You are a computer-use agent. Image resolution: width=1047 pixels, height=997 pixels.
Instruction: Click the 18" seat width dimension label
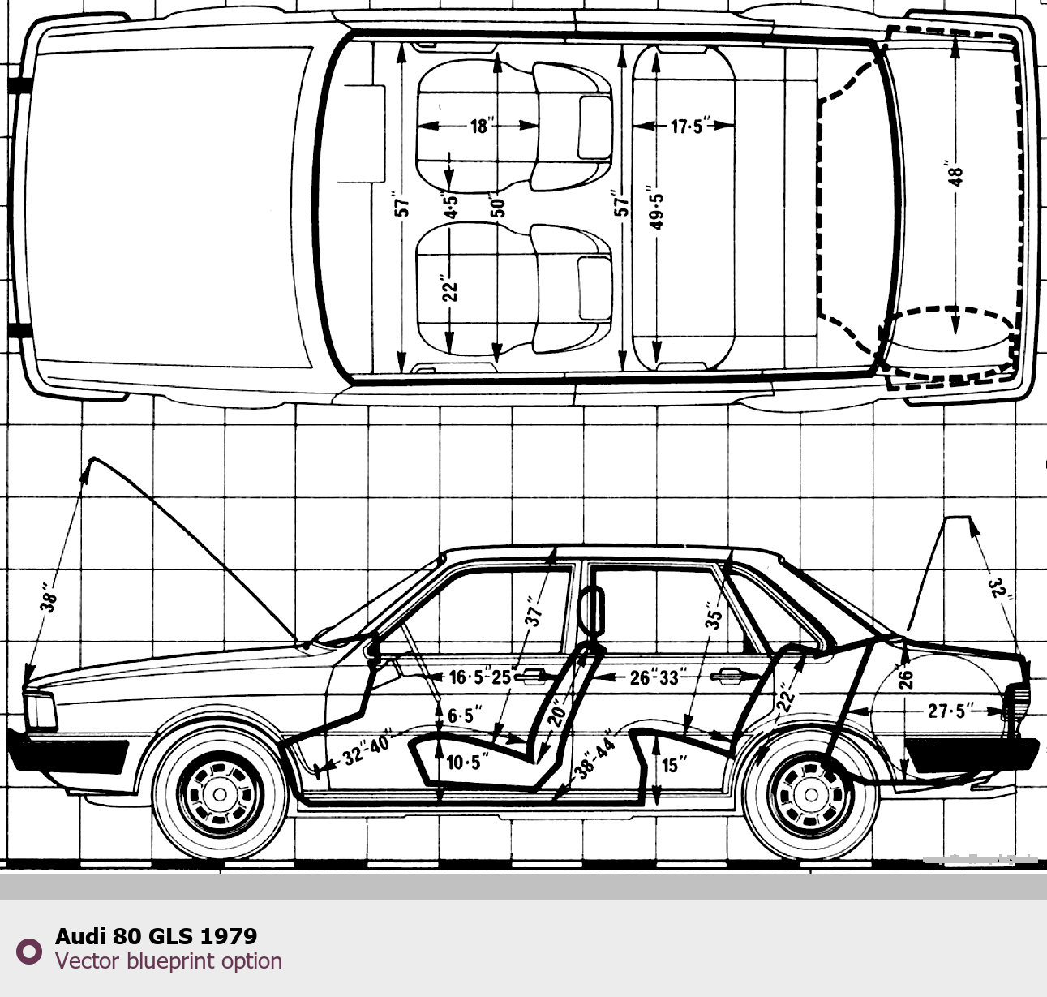point(481,126)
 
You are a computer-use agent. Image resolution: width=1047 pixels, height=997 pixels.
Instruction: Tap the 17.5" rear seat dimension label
point(688,126)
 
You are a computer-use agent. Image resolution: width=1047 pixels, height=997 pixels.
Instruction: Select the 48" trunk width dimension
point(956,174)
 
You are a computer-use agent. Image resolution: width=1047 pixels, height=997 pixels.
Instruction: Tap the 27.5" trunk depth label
point(950,711)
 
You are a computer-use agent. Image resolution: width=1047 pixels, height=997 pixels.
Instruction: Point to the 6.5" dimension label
point(465,716)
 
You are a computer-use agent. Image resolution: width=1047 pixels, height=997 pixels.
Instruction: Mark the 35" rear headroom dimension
point(713,615)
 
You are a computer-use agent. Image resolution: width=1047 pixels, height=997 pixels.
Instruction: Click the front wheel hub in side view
point(220,794)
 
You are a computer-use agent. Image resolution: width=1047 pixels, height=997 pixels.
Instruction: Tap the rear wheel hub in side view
point(810,795)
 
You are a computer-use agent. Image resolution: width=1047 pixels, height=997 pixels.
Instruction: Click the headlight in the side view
point(41,710)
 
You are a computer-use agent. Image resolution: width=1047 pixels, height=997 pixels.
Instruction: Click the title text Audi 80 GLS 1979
point(156,936)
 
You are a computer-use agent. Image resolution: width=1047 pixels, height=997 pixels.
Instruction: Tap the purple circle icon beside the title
point(29,951)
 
